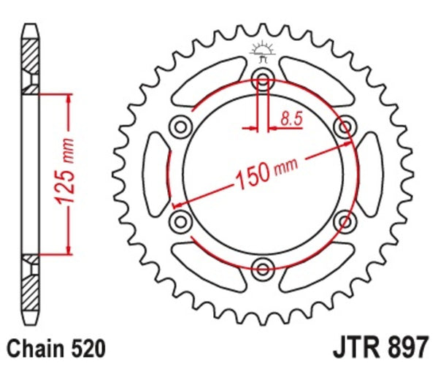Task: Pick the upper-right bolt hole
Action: click(342, 128)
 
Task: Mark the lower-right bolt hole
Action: click(342, 220)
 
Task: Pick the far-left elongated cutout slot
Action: click(155, 174)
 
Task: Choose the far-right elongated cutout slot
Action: click(369, 174)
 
